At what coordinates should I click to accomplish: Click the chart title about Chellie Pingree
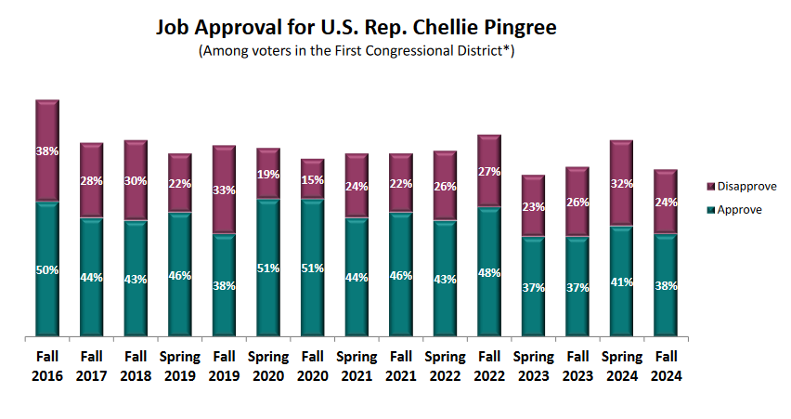pos(357,28)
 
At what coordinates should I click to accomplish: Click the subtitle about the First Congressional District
pos(357,51)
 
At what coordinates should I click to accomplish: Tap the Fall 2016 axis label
pos(47,365)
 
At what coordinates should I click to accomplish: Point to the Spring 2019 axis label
pos(180,365)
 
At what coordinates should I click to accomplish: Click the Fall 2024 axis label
pos(666,365)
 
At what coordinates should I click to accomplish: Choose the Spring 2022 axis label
pos(445,365)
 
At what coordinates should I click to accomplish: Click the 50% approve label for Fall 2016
pos(47,270)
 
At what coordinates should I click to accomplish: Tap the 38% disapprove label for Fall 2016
pos(47,151)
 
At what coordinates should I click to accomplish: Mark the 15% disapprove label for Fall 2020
pos(313,180)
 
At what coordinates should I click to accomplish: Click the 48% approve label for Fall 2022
pos(489,273)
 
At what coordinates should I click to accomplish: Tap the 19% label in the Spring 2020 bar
pos(268,174)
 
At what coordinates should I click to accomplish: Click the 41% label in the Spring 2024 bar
pos(621,282)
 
